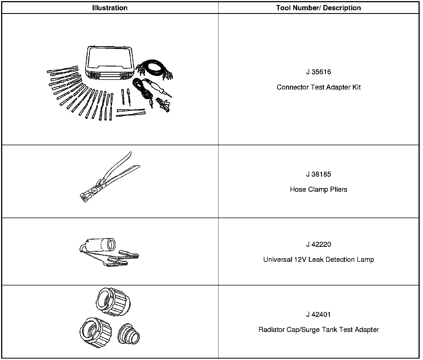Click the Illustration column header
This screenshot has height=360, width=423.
(x=110, y=8)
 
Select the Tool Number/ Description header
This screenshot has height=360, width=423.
(x=318, y=8)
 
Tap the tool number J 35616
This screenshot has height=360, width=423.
(x=318, y=72)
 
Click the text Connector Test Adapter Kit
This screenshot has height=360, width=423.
(x=318, y=87)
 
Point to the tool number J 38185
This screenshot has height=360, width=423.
(x=318, y=174)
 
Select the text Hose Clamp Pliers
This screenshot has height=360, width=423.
(x=318, y=190)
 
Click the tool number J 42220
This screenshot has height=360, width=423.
(x=318, y=245)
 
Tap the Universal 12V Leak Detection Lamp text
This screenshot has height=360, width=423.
(x=318, y=260)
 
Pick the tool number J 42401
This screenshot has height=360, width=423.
(x=318, y=315)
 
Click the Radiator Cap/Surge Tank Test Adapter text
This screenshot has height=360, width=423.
(x=318, y=330)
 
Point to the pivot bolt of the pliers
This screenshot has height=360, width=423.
(x=95, y=190)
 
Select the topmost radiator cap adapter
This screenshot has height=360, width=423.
(x=113, y=302)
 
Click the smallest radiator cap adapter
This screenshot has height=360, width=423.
(x=128, y=334)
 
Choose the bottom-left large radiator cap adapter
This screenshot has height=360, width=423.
(x=95, y=333)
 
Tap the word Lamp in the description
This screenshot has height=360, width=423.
(x=366, y=260)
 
